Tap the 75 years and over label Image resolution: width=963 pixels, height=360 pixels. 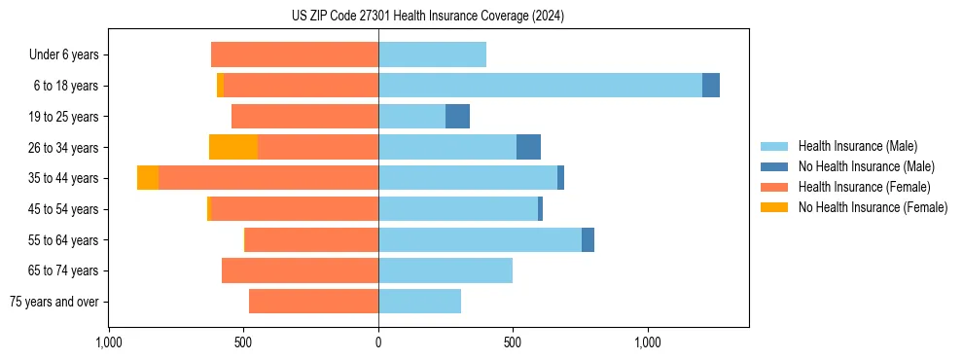click(x=54, y=302)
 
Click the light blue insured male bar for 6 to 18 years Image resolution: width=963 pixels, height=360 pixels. click(x=540, y=86)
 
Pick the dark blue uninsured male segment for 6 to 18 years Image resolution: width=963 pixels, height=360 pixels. click(x=711, y=86)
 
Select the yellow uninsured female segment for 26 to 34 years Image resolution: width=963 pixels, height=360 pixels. click(x=233, y=147)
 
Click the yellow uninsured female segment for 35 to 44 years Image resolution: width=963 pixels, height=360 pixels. click(x=148, y=178)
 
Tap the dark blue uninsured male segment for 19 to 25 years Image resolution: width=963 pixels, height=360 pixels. click(x=457, y=117)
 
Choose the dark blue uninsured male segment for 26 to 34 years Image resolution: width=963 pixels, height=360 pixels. click(x=528, y=147)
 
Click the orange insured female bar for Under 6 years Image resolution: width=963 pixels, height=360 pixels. click(x=295, y=54)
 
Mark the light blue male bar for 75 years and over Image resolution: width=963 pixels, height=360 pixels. click(x=419, y=302)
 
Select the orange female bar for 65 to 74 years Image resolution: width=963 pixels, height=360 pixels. click(x=300, y=270)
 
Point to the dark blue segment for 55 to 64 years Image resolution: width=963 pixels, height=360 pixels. click(x=588, y=239)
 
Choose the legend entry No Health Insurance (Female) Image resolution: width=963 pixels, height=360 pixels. click(x=873, y=207)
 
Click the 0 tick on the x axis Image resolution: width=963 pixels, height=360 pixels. click(x=378, y=342)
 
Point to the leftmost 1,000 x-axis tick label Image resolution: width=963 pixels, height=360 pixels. click(x=109, y=342)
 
